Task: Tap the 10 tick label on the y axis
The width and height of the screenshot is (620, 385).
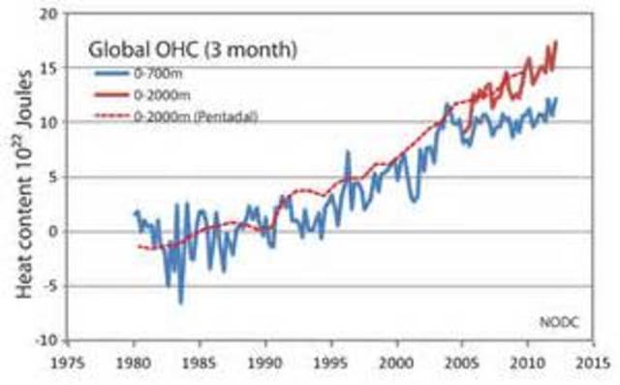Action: click(x=47, y=122)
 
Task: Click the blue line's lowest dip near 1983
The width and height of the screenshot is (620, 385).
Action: click(x=180, y=303)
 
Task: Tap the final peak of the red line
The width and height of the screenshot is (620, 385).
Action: click(x=557, y=42)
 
